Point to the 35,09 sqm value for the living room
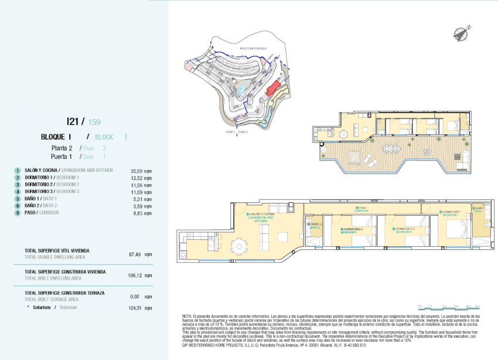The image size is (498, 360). (x=140, y=171)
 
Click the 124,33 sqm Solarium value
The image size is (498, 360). (x=140, y=308)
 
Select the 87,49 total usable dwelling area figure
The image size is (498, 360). (x=140, y=254)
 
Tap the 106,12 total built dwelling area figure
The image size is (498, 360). (x=140, y=275)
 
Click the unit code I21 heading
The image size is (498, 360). (x=73, y=121)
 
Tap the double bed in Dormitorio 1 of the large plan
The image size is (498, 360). (x=457, y=230)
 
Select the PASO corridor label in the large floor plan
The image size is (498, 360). (x=362, y=208)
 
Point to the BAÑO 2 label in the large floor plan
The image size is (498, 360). (x=316, y=225)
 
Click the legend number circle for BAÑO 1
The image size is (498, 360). (x=18, y=199)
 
